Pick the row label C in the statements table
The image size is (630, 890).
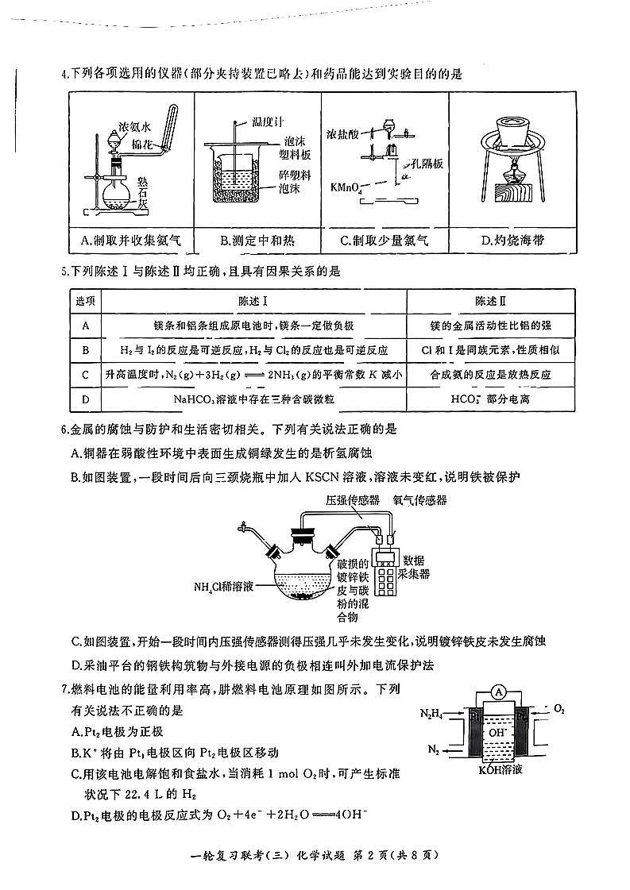[x=85, y=374]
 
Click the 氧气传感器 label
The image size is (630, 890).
[x=419, y=500]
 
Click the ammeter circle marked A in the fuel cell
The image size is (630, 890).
[x=499, y=693]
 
